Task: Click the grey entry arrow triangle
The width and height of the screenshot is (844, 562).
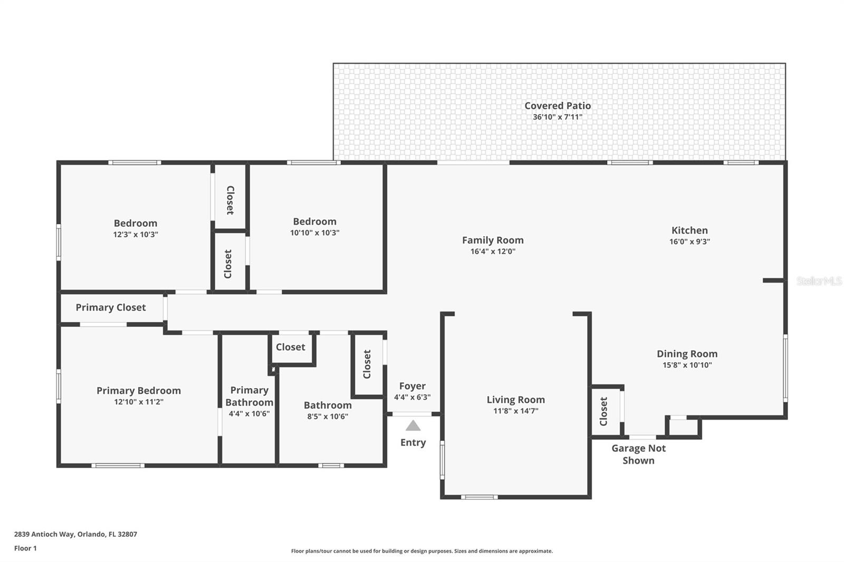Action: [413, 425]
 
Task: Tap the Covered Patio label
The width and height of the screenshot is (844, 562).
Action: [558, 105]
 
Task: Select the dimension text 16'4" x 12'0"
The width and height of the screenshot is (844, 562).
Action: [493, 251]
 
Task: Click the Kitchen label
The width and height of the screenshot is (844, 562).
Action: [689, 230]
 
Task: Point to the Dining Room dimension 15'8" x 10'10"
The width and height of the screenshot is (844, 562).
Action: [687, 365]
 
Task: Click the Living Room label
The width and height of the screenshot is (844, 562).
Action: [515, 400]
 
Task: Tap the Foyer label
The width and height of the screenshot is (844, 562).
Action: [412, 386]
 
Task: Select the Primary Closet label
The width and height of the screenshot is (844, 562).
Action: [110, 307]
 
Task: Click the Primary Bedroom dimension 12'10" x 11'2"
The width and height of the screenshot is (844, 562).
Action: [138, 402]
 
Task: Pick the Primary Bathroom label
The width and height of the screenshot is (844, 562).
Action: [249, 396]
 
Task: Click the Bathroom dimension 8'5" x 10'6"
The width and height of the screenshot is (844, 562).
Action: [328, 416]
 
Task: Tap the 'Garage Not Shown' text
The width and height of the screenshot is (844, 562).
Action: [638, 454]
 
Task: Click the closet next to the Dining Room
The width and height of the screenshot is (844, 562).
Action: [604, 411]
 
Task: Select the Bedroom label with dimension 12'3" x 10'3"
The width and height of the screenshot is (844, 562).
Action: [136, 223]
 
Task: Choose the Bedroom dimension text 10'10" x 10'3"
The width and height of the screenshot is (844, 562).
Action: [314, 233]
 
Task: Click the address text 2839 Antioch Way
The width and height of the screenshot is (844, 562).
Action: [75, 534]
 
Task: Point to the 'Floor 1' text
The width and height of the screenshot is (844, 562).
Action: [25, 548]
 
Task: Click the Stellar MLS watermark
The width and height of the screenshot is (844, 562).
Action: [819, 281]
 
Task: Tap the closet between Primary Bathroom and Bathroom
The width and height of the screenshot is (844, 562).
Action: [291, 347]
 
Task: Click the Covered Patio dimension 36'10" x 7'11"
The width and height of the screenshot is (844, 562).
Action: [558, 117]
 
